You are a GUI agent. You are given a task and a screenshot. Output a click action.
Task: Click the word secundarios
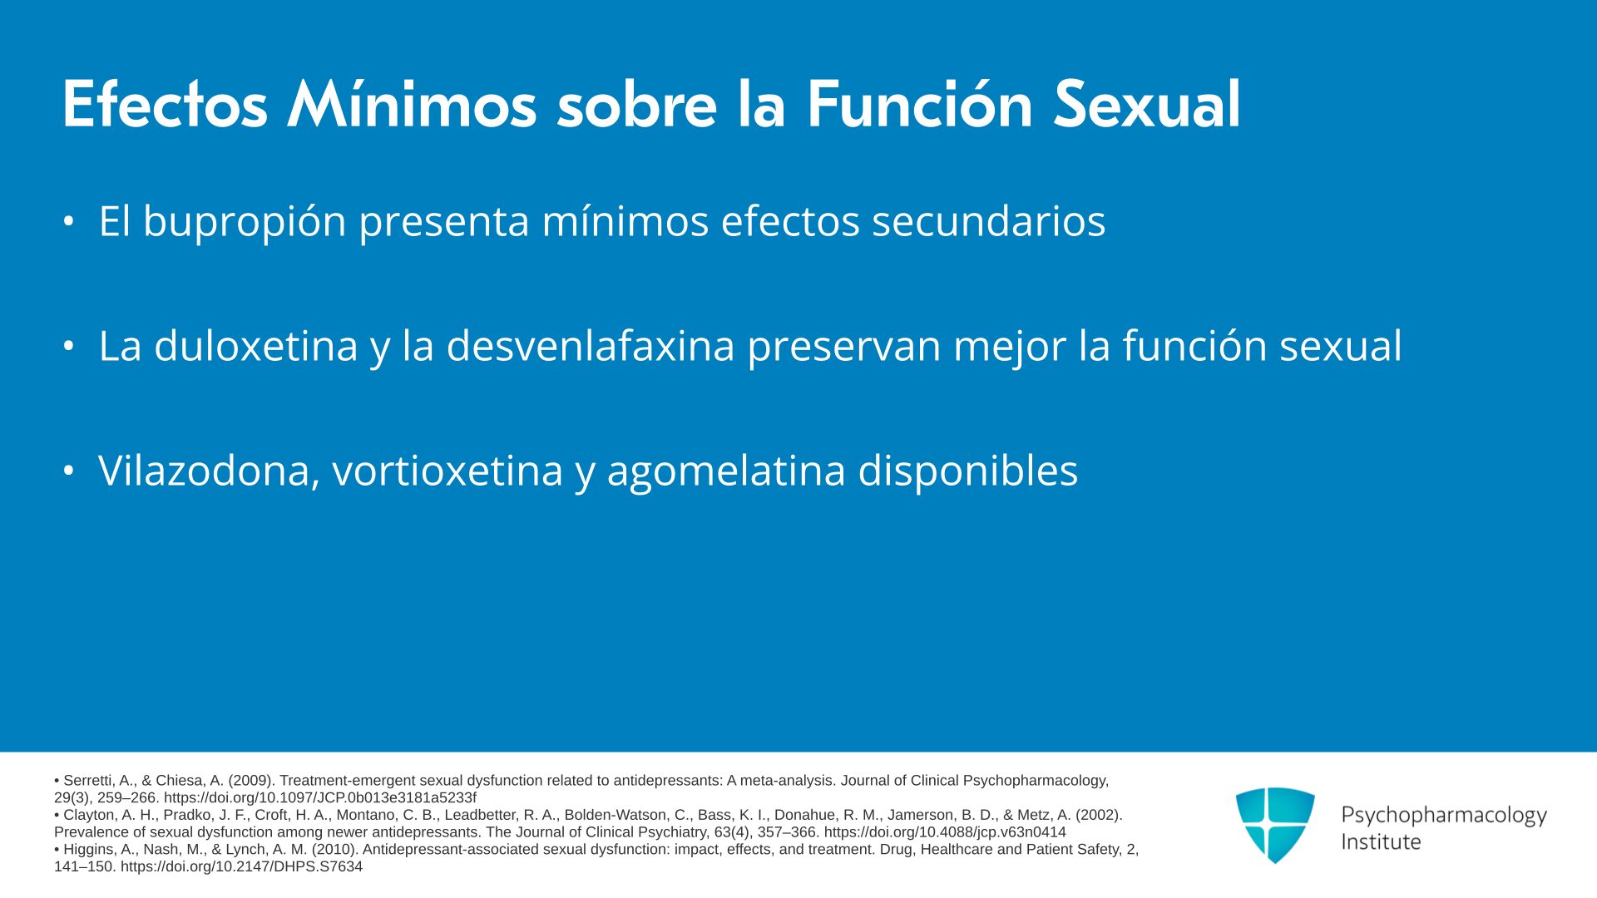(x=988, y=221)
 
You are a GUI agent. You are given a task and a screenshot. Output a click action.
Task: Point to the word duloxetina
(x=256, y=345)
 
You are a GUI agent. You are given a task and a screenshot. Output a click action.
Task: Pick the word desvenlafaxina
(x=591, y=345)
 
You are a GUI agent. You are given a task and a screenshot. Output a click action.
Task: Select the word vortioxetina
(x=447, y=471)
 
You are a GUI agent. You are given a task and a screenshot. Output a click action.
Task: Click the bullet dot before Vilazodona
(x=69, y=471)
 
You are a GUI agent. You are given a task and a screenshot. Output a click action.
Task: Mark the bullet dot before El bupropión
(x=69, y=221)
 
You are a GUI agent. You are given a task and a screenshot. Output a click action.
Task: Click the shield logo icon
(x=1275, y=825)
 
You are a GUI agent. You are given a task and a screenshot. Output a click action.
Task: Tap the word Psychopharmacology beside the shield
(x=1444, y=816)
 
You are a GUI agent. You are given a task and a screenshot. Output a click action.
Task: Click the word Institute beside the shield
(x=1381, y=841)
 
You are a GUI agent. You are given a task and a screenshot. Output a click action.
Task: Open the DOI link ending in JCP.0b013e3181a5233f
(x=320, y=798)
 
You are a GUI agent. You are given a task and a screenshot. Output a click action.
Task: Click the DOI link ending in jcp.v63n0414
(x=945, y=832)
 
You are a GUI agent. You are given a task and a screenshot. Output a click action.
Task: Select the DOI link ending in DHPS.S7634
(x=241, y=866)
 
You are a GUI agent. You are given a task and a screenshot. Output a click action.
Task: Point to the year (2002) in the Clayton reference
(x=1099, y=815)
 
